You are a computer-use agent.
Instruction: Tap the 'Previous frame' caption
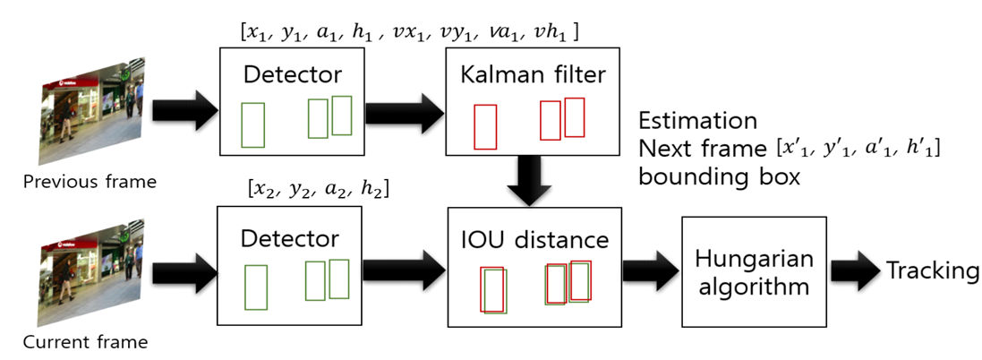pos(90,182)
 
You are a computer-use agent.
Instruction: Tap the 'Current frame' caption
pos(85,341)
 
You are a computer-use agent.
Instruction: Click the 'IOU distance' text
pos(534,239)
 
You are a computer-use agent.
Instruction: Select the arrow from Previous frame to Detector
pos(184,112)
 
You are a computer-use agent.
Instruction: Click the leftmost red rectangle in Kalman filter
pos(485,127)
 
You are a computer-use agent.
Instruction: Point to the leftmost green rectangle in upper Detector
pos(253,124)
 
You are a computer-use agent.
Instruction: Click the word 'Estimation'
pos(697,121)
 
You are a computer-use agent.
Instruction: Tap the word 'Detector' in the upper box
pos(290,75)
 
